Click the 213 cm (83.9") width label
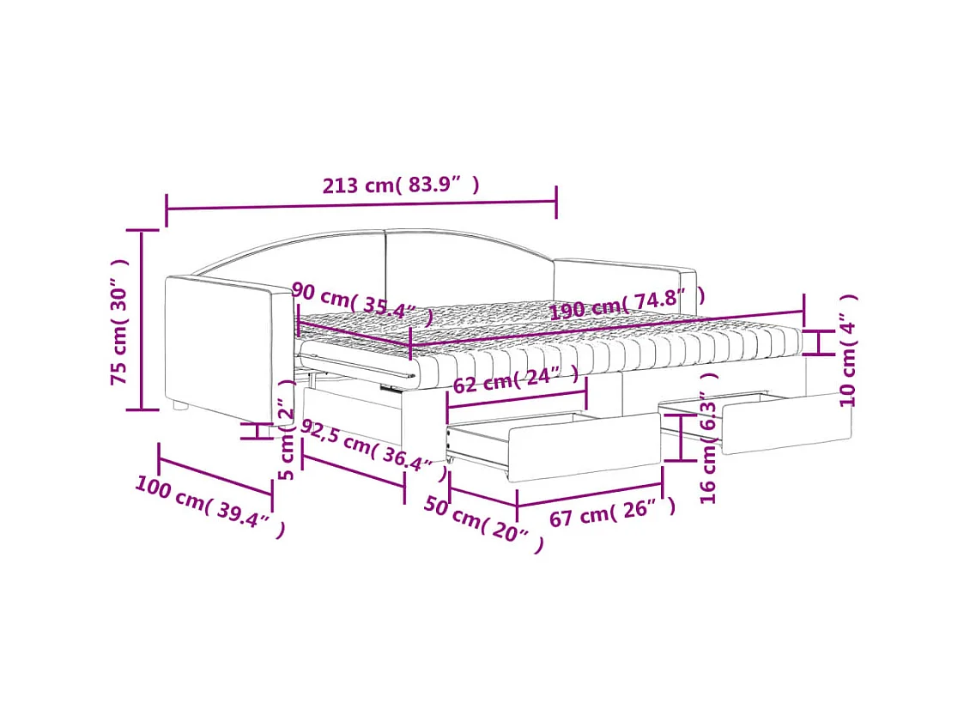400,185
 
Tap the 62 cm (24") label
515,379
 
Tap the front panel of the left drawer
584,446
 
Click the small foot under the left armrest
179,405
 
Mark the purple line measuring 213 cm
361,204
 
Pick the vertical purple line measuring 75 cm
142,319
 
